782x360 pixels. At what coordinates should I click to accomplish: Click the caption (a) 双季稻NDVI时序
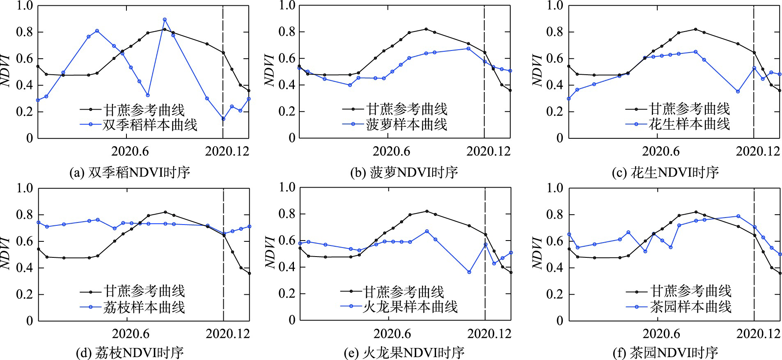[x=130, y=172]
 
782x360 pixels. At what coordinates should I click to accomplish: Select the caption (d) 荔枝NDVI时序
[x=130, y=352]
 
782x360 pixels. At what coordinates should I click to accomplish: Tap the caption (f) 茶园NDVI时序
[x=665, y=352]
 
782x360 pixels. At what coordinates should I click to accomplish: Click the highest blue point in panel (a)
[x=165, y=20]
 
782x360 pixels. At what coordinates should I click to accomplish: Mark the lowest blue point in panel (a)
[x=223, y=119]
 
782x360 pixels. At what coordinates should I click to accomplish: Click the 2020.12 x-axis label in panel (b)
[x=488, y=151]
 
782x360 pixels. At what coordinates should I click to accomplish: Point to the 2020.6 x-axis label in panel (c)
[x=661, y=151]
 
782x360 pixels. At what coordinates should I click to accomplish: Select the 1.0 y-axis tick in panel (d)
[x=24, y=188]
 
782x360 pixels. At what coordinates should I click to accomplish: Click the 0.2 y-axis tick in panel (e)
[x=287, y=294]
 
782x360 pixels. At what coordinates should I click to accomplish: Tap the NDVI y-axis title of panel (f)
[x=537, y=253]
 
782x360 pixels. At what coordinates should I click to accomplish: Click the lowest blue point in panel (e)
[x=469, y=272]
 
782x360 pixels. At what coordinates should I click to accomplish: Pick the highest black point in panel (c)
[x=695, y=29]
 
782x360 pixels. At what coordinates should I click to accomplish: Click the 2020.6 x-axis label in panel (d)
[x=131, y=333]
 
